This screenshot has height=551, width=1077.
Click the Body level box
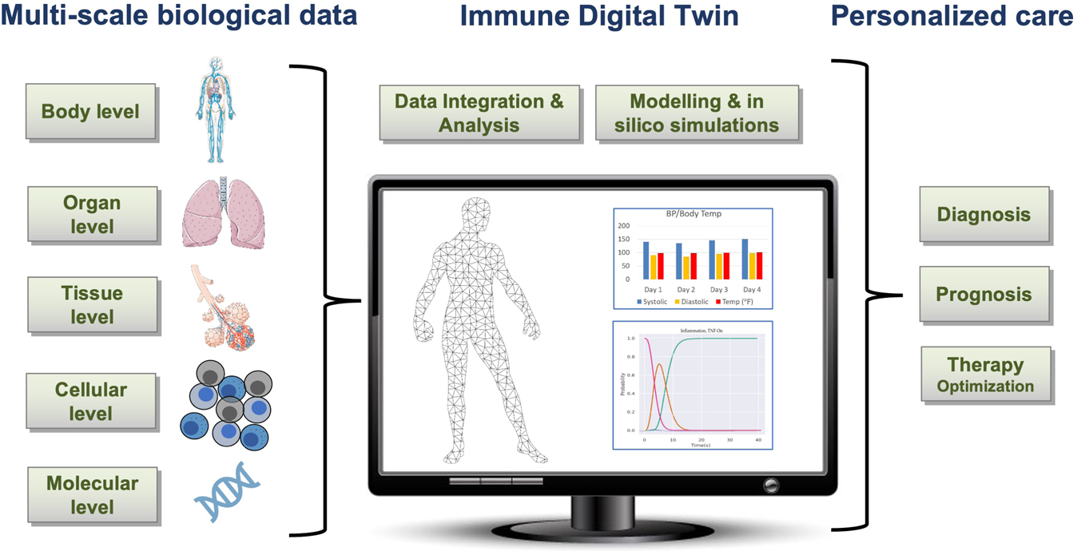[x=89, y=111]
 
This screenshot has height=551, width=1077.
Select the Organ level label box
[x=92, y=214]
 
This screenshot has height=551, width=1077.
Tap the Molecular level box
[x=92, y=495]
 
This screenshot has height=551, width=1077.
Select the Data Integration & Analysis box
[x=479, y=113]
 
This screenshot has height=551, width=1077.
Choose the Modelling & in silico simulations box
[x=696, y=113]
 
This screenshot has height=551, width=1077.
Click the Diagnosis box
[x=983, y=214]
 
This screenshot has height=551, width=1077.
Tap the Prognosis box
[x=984, y=294]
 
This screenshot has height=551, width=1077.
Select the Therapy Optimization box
[x=985, y=375]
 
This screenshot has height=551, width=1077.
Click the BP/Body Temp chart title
[x=693, y=214]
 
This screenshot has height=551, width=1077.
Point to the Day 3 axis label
[x=718, y=289]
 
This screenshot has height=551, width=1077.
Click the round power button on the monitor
[x=771, y=484]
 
